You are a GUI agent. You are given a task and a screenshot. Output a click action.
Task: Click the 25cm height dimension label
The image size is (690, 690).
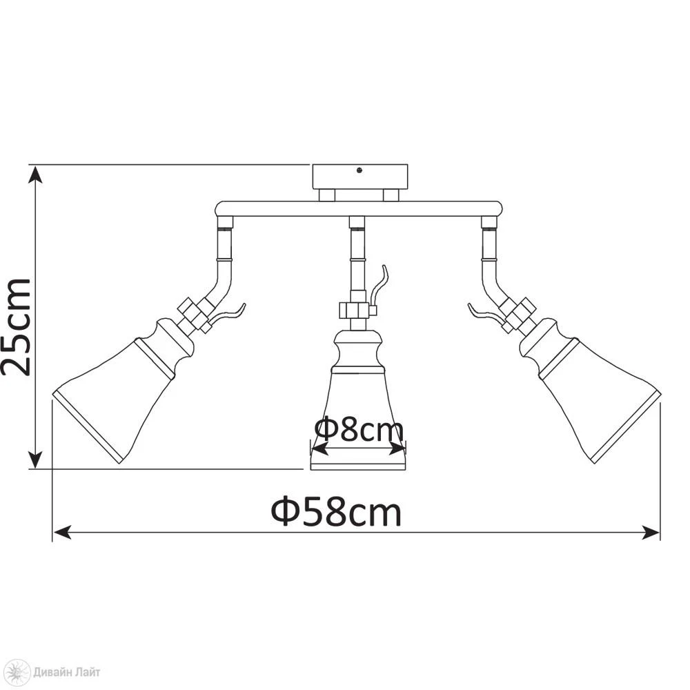point(16,327)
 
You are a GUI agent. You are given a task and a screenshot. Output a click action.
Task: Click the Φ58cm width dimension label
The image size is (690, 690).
point(336,512)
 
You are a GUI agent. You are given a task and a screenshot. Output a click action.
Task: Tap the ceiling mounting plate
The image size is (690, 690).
point(359,177)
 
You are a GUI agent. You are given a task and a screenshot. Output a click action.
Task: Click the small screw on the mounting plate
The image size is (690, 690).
point(359,170)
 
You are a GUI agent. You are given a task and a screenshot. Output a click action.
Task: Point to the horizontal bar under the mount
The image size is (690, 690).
point(359,209)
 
